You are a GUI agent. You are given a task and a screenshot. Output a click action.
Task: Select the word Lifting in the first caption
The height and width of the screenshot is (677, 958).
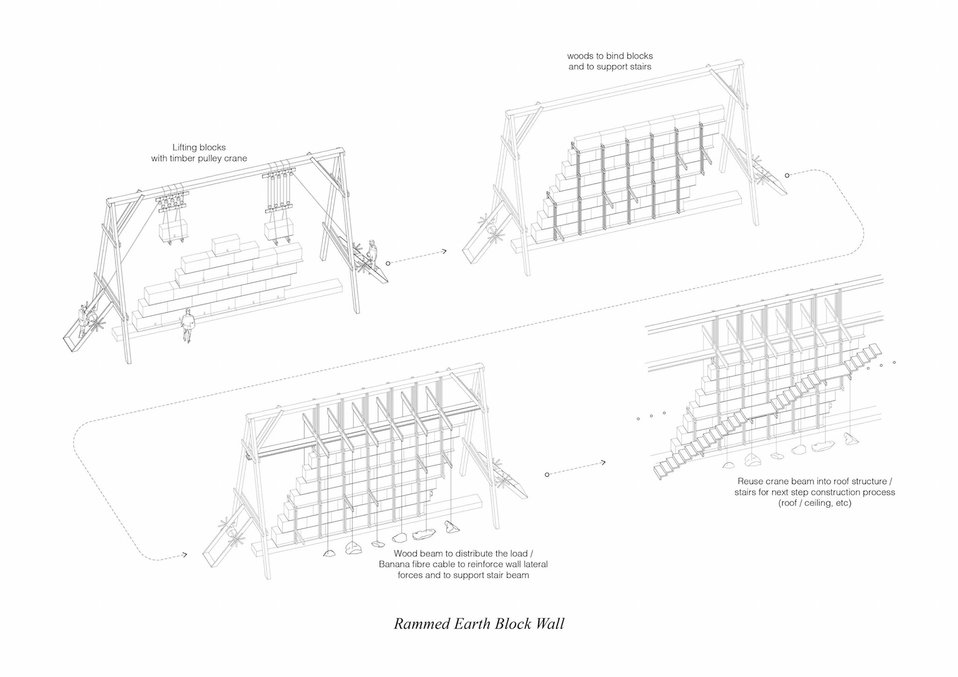(185, 147)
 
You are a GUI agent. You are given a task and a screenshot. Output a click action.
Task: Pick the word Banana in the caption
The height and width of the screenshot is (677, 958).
(394, 564)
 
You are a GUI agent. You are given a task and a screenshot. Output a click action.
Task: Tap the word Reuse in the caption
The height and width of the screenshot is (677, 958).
(750, 481)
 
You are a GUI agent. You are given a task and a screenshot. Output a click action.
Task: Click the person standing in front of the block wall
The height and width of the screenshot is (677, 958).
(188, 325)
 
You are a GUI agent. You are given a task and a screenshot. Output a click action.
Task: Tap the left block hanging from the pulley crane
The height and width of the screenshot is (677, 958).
(174, 231)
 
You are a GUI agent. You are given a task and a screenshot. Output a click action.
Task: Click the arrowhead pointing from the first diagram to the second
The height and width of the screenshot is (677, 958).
(444, 251)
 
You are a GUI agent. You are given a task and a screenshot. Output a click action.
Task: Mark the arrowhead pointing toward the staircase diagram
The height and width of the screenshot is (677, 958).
(603, 462)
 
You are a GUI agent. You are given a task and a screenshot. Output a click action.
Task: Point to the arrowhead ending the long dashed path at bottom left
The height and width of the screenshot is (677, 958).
(185, 554)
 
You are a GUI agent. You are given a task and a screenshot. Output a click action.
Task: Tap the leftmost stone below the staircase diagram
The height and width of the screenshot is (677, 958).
(728, 465)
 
